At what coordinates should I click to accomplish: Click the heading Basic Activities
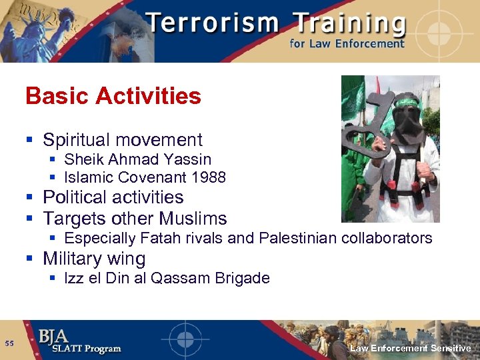click(113, 96)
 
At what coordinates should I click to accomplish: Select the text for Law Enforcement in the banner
click(347, 44)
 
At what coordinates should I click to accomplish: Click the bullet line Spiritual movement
click(122, 140)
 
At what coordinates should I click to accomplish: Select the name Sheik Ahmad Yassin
click(137, 159)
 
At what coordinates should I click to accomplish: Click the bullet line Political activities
click(113, 197)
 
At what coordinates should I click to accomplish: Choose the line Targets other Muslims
click(135, 218)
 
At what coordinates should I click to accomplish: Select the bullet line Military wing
click(94, 258)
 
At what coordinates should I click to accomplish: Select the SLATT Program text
click(79, 349)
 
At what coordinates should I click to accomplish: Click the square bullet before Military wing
click(29, 259)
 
